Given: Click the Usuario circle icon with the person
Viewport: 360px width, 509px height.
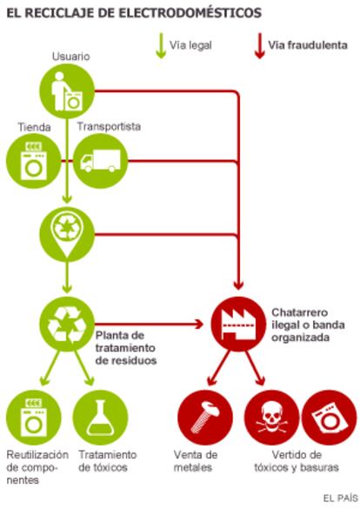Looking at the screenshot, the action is [67, 91].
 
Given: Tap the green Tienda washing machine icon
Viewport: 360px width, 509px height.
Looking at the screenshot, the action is [34, 161].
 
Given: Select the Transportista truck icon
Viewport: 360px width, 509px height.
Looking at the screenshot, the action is [100, 161].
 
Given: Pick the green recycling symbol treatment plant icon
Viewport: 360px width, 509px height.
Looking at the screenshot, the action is [67, 324].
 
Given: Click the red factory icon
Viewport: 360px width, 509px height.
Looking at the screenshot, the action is [238, 324].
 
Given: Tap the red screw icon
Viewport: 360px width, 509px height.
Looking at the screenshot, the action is [205, 418].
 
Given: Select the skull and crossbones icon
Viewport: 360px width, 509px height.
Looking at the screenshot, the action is [272, 418].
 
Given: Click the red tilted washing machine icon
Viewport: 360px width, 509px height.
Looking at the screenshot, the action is [330, 418].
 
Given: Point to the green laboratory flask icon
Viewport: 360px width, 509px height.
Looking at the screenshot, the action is [100, 418].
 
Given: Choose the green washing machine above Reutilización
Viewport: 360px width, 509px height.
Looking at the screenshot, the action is [34, 418].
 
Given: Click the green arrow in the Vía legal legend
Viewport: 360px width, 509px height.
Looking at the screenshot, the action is [161, 46].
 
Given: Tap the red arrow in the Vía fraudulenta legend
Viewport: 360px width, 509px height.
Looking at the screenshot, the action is [259, 46].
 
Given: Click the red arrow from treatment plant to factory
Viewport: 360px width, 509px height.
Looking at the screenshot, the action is [149, 324].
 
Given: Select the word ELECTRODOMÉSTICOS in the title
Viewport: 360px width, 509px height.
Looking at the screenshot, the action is [190, 13].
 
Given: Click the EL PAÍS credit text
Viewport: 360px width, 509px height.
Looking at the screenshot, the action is [340, 498].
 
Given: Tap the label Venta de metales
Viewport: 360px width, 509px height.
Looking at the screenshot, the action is [196, 461].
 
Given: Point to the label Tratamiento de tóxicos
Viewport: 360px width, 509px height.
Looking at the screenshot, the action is [108, 461].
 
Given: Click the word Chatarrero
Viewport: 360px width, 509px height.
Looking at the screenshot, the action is [300, 312].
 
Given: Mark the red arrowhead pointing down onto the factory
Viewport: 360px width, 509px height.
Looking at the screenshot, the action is [238, 285].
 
